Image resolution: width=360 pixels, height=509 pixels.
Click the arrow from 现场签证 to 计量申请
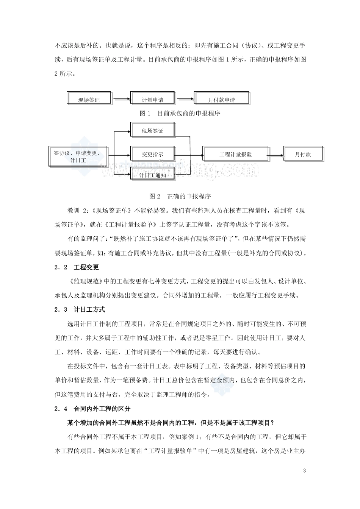tap(120, 100)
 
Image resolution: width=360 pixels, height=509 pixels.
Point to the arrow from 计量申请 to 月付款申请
tap(184, 100)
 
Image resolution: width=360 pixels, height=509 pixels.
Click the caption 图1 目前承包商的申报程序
tap(180, 113)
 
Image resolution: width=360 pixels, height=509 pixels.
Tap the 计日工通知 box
tap(152, 175)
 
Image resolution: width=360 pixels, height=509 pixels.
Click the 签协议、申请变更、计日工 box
tap(78, 156)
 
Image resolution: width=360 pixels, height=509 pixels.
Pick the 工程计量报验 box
tap(235, 154)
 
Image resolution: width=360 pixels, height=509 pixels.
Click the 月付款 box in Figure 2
tap(303, 154)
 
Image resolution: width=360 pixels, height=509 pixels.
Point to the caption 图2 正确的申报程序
tap(180, 196)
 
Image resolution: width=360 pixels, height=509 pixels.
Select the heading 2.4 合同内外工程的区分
tap(92, 409)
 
